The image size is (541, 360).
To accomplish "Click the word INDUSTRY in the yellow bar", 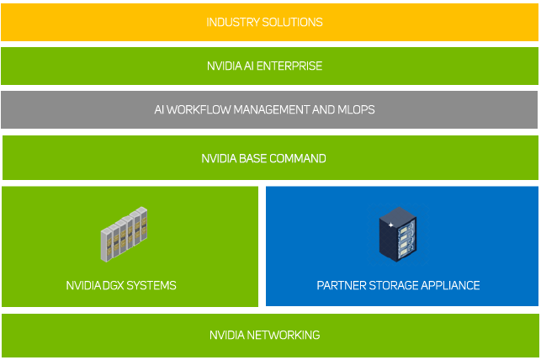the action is tap(232, 23).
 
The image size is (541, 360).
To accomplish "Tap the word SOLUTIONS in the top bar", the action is tap(292, 23).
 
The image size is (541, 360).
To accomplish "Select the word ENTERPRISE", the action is tap(289, 66).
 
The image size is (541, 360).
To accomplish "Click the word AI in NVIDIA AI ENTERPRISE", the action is tap(248, 66).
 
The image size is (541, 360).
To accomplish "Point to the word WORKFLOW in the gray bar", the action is tap(199, 109).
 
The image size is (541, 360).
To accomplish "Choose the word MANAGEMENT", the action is tap(272, 109).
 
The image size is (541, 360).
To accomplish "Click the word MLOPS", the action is tap(356, 109).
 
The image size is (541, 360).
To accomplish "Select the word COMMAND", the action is tap(297, 159).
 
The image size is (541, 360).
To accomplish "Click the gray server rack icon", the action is tap(124, 234).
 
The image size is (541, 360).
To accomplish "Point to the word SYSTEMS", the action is tap(151, 285).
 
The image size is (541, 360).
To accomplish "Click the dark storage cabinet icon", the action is tap(397, 235).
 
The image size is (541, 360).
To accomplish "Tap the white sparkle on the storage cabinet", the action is tap(390, 225).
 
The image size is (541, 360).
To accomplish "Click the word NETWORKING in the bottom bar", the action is tap(284, 335).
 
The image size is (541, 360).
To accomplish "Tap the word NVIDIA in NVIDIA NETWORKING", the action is tap(227, 335).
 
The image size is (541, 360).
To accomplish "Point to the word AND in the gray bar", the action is tap(323, 109).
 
